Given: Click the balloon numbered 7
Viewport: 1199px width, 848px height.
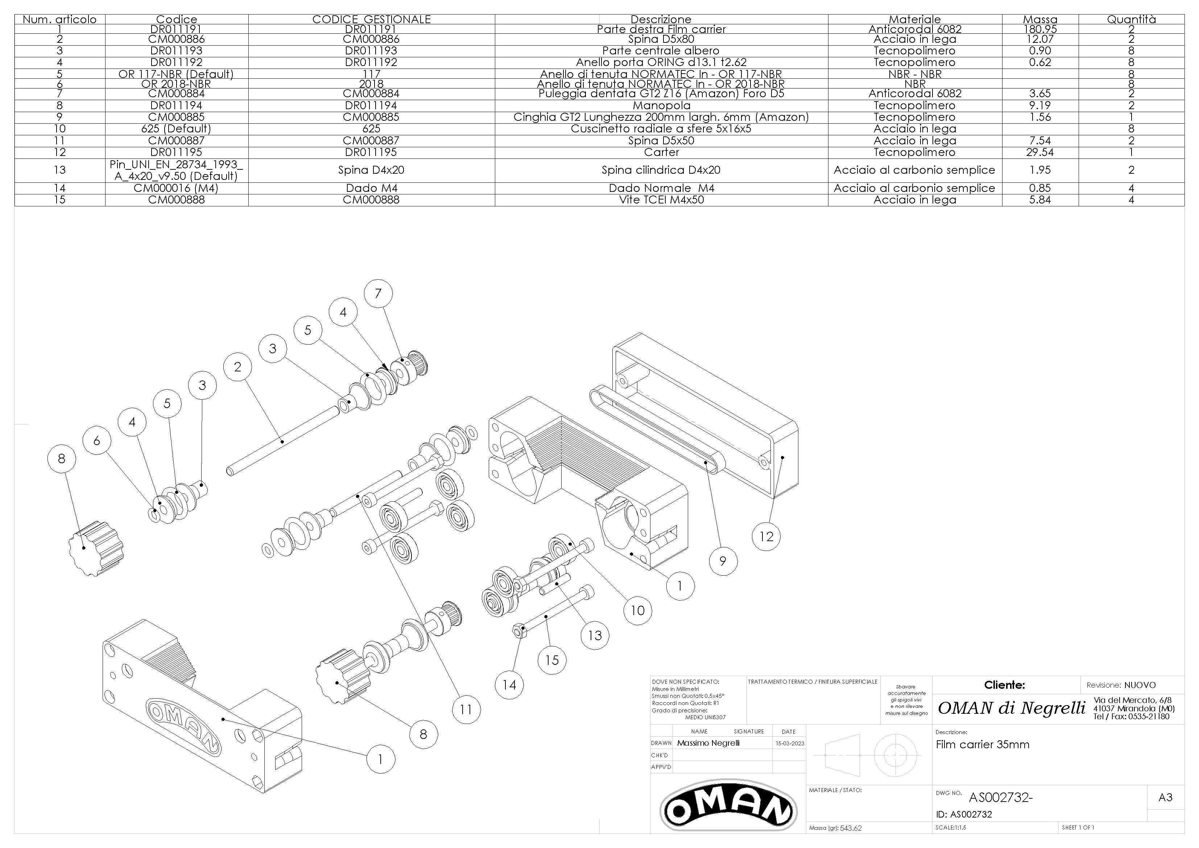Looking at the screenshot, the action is tap(379, 294).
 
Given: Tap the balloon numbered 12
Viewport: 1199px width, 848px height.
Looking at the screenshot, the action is tap(766, 536).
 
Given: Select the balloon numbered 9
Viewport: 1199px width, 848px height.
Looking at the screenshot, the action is tap(723, 561).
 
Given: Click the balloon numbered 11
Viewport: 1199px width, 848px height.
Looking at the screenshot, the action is tap(466, 709).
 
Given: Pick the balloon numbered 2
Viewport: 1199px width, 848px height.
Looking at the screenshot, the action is tap(237, 367).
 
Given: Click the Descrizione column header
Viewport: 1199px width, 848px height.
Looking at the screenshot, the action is tap(661, 19).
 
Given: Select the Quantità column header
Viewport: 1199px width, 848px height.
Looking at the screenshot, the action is tap(1131, 19).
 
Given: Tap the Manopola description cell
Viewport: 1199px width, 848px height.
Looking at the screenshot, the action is tap(661, 106).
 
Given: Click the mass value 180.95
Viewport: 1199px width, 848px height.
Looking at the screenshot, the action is tap(1040, 29).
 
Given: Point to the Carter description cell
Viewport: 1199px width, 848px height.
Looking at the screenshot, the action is tap(661, 152).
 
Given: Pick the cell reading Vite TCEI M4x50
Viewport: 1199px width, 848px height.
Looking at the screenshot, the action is tap(661, 199).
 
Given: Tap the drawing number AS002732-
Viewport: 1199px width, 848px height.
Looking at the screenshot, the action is tap(1001, 798).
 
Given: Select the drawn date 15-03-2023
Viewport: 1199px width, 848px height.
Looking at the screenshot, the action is tap(790, 743).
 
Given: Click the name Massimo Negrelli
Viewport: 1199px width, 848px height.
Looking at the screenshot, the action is tap(708, 743).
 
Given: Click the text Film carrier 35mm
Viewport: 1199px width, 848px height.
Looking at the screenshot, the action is tap(982, 745).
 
